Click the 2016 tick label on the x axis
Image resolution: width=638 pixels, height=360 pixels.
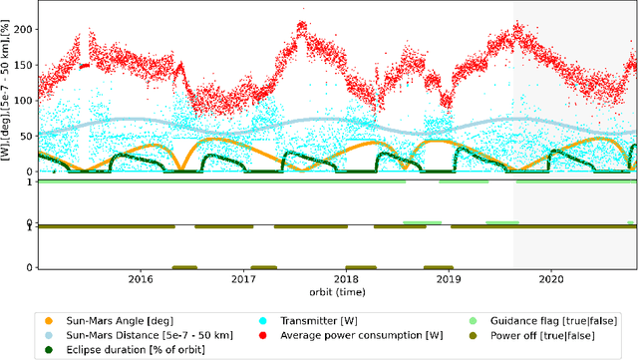(x=141, y=280)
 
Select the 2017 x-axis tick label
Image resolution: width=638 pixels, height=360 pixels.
(x=243, y=280)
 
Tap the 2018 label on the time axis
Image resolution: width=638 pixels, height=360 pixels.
(x=346, y=280)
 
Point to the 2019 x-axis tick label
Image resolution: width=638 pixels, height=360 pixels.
(x=449, y=280)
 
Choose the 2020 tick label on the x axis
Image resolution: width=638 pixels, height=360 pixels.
(x=551, y=280)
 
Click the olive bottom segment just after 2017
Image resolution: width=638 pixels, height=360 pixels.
(x=263, y=267)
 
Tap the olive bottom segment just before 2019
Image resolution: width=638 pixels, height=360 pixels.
(x=437, y=267)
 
